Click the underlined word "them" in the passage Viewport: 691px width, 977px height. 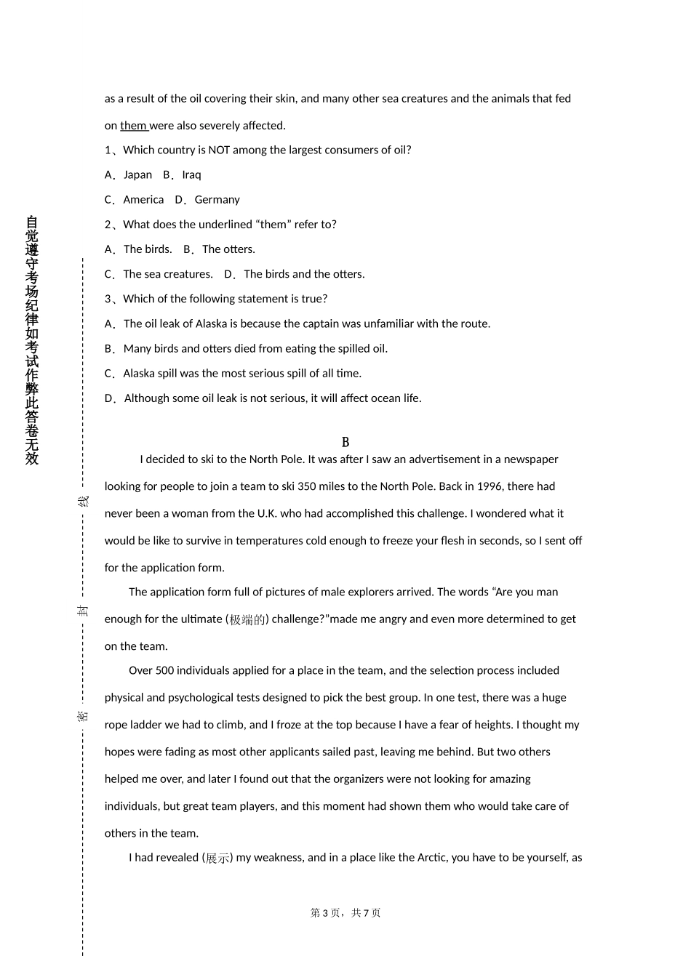pos(133,126)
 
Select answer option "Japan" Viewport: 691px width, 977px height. pos(137,175)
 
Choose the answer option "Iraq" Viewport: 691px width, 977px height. pos(191,175)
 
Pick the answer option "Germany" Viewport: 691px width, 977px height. pos(217,200)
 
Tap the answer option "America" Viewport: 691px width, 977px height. pos(143,200)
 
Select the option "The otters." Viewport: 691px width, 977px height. pos(228,249)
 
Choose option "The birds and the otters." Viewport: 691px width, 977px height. pos(304,274)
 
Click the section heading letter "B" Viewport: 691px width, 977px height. pos(345,442)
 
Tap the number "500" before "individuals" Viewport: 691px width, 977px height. pos(164,670)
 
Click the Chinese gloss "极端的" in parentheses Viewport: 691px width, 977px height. pos(247,620)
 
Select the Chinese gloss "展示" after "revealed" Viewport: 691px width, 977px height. pos(217,859)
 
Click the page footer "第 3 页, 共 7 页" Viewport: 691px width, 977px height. pos(345,913)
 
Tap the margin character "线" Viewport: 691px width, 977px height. pos(84,502)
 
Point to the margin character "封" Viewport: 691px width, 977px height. pos(84,610)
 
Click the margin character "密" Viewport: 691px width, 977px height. pos(84,716)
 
